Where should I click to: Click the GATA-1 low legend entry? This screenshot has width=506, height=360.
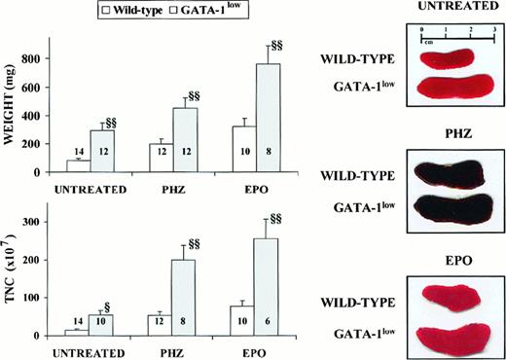click(x=208, y=11)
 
